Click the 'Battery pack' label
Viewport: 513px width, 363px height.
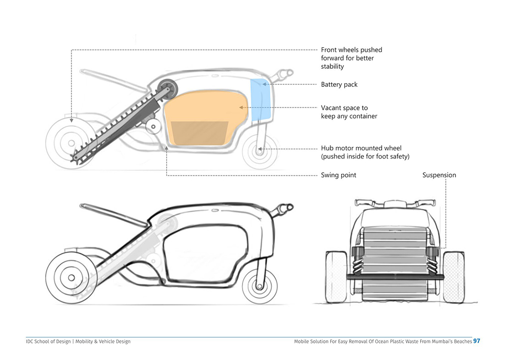pyautogui.click(x=339, y=85)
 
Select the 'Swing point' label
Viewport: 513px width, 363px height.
pyautogui.click(x=339, y=175)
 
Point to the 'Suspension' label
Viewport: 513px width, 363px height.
pyautogui.click(x=439, y=175)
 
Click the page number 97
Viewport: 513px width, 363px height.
pyautogui.click(x=477, y=341)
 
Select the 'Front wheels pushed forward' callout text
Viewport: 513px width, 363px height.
pyautogui.click(x=351, y=58)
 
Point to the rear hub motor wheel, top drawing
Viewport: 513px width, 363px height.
pyautogui.click(x=259, y=150)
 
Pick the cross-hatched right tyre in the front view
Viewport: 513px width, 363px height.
pyautogui.click(x=453, y=276)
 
